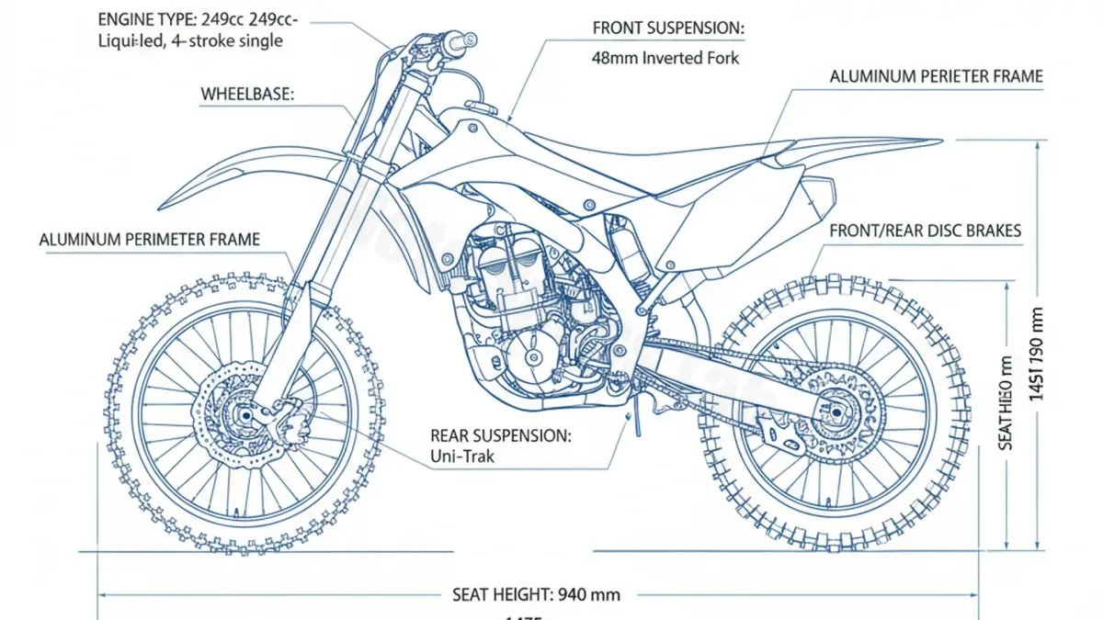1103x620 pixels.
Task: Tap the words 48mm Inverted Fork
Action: [x=665, y=58]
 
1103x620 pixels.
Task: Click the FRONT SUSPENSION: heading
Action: [x=668, y=28]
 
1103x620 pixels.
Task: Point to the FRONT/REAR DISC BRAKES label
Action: [x=925, y=231]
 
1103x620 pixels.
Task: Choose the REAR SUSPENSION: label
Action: [x=500, y=435]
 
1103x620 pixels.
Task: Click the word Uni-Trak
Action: [x=464, y=456]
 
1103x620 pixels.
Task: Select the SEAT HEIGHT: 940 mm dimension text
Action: [x=537, y=594]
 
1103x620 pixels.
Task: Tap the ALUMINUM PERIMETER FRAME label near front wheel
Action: [x=150, y=240]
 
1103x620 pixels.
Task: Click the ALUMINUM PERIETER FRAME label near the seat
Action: [x=936, y=77]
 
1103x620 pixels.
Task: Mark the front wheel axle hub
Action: [x=244, y=415]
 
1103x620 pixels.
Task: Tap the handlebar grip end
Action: [x=470, y=39]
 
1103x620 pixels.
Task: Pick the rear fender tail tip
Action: [x=939, y=141]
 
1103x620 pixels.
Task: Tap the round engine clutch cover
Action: [x=531, y=357]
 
